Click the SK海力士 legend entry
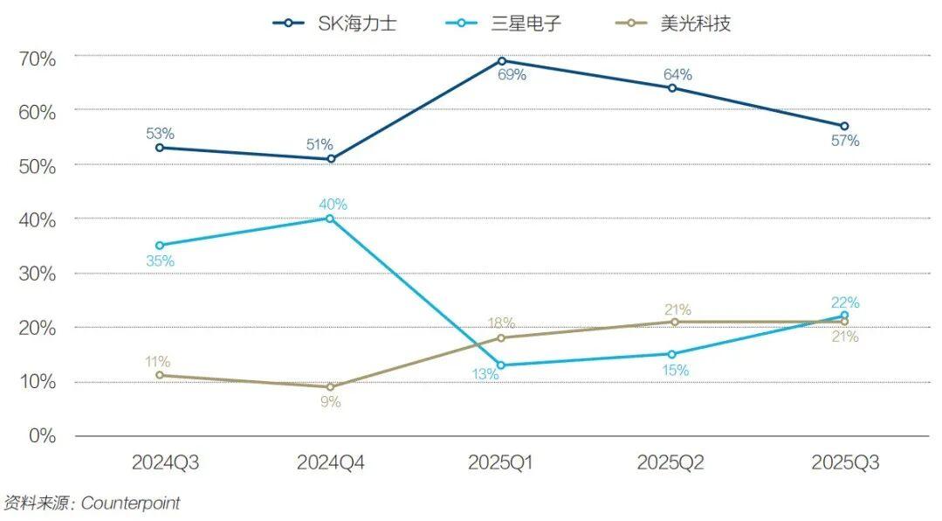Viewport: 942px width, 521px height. pos(335,24)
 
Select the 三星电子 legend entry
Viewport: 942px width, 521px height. pos(501,24)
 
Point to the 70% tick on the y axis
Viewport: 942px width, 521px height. pos(38,59)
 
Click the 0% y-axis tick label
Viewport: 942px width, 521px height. pos(42,435)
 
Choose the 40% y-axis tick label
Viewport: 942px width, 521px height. pos(38,220)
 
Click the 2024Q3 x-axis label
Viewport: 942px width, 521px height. pos(166,462)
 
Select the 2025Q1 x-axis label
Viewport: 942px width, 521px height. pos(500,462)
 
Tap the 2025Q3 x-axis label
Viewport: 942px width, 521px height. pos(844,462)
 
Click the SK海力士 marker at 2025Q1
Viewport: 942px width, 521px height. pos(501,61)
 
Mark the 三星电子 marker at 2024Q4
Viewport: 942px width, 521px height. pos(330,219)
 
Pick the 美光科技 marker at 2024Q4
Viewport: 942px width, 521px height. pos(330,387)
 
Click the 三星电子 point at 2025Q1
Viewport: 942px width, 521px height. pos(501,365)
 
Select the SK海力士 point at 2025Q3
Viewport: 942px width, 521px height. pos(844,126)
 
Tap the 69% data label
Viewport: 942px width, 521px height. pos(512,75)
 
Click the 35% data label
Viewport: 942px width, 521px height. pos(160,260)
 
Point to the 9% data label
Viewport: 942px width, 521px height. pos(330,402)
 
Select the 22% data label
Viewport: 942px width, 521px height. pos(844,302)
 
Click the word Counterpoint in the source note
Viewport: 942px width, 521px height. pos(131,504)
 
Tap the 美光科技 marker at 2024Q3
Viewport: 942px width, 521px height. pos(159,376)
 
